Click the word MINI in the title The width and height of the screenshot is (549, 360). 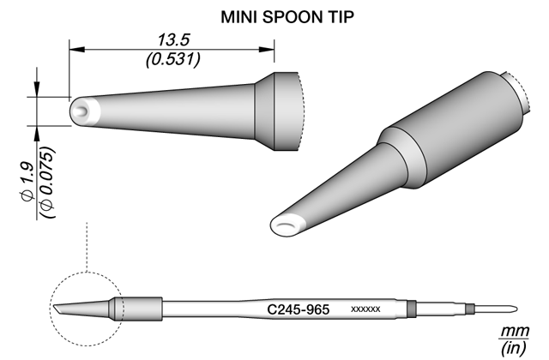[x=239, y=17]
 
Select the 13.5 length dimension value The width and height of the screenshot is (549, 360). [x=173, y=40]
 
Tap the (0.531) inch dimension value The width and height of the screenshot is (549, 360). [x=173, y=59]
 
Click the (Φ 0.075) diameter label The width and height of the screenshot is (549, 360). [x=47, y=183]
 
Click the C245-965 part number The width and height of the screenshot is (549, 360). [x=298, y=309]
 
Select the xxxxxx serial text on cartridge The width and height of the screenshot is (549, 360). [x=365, y=309]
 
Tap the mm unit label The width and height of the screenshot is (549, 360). [x=514, y=331]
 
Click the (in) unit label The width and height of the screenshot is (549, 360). [x=513, y=348]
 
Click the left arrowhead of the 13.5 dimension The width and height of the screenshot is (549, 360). [x=76, y=50]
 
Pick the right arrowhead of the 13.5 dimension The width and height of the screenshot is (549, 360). [x=267, y=50]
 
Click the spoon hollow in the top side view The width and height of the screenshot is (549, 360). [x=82, y=111]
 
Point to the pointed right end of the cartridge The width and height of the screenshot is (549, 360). [x=516, y=309]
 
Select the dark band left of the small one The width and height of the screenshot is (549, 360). [x=412, y=309]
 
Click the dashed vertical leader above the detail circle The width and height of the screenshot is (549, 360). [x=87, y=246]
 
